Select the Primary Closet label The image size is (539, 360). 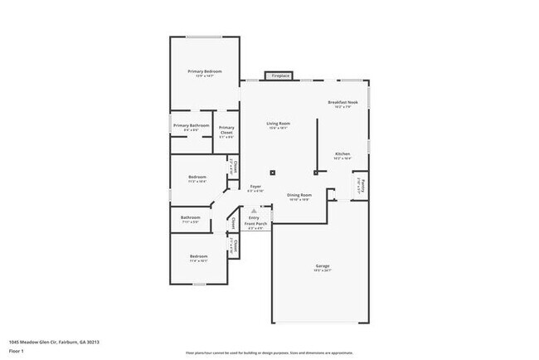226,129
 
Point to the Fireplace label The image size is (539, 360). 279,75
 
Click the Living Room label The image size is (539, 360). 278,122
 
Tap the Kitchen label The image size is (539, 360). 342,154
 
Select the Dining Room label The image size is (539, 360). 299,196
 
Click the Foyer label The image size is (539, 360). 256,187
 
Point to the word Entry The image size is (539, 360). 254,217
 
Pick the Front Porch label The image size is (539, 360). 255,223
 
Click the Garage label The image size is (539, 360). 322,265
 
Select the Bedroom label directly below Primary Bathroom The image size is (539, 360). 197,177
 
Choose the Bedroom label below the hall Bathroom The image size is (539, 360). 198,256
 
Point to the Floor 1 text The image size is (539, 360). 16,351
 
